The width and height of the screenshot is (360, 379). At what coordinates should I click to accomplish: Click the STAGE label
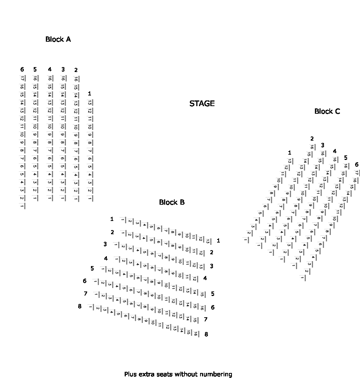pyautogui.click(x=202, y=103)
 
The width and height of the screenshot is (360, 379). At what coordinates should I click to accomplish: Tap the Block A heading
pyautogui.click(x=58, y=39)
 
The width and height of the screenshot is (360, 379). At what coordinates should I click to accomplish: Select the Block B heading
pyautogui.click(x=172, y=202)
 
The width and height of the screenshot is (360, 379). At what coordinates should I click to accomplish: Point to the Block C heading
pyautogui.click(x=327, y=111)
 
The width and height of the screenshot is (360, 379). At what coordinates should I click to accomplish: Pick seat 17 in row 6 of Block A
pyautogui.click(x=22, y=78)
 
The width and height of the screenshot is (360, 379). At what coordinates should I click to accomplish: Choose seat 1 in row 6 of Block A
pyautogui.click(x=22, y=206)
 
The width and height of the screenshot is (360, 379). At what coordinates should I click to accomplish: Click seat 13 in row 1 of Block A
pyautogui.click(x=90, y=103)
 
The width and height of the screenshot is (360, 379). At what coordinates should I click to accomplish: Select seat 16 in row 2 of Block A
pyautogui.click(x=76, y=79)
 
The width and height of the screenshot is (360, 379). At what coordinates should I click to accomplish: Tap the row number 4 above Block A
pyautogui.click(x=50, y=69)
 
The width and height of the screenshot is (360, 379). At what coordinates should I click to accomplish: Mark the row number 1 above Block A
pyautogui.click(x=89, y=93)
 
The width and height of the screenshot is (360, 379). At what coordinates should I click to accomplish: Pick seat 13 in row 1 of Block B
pyautogui.click(x=208, y=241)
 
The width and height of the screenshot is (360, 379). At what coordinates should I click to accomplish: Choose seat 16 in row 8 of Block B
pyautogui.click(x=196, y=334)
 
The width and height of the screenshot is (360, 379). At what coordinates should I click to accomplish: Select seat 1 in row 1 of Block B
pyautogui.click(x=122, y=220)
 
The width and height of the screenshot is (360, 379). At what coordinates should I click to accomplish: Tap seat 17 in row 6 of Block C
pyautogui.click(x=357, y=173)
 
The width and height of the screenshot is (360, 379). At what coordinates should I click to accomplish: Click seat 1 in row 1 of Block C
pyautogui.click(x=246, y=240)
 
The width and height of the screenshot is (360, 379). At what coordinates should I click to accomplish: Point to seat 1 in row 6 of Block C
pyautogui.click(x=302, y=278)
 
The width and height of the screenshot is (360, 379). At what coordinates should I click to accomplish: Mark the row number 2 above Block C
pyautogui.click(x=312, y=139)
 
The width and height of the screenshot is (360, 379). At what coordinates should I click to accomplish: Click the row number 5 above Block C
pyautogui.click(x=345, y=158)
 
